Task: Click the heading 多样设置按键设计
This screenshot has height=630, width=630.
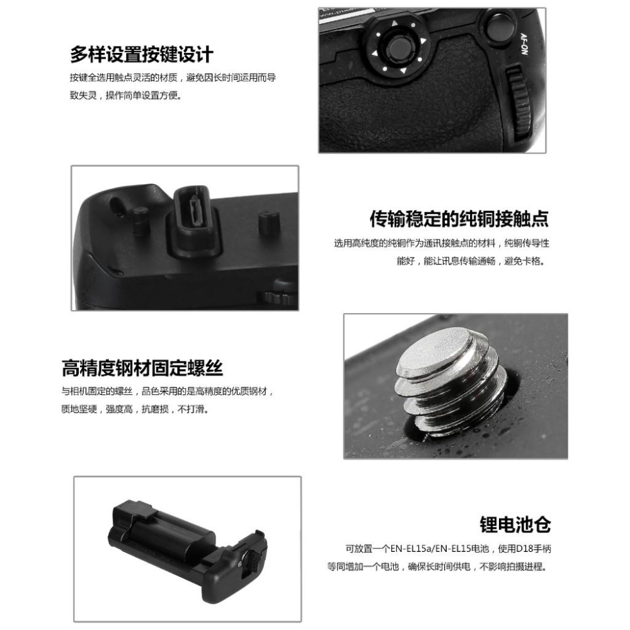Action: [141, 54]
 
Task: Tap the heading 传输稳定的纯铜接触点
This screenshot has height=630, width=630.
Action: [459, 219]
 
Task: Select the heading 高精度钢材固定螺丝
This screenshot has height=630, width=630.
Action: [142, 367]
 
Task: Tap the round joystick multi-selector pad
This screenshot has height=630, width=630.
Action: [396, 47]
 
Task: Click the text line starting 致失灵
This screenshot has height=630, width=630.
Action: [125, 96]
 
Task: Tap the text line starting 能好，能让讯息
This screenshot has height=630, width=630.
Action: [471, 260]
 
